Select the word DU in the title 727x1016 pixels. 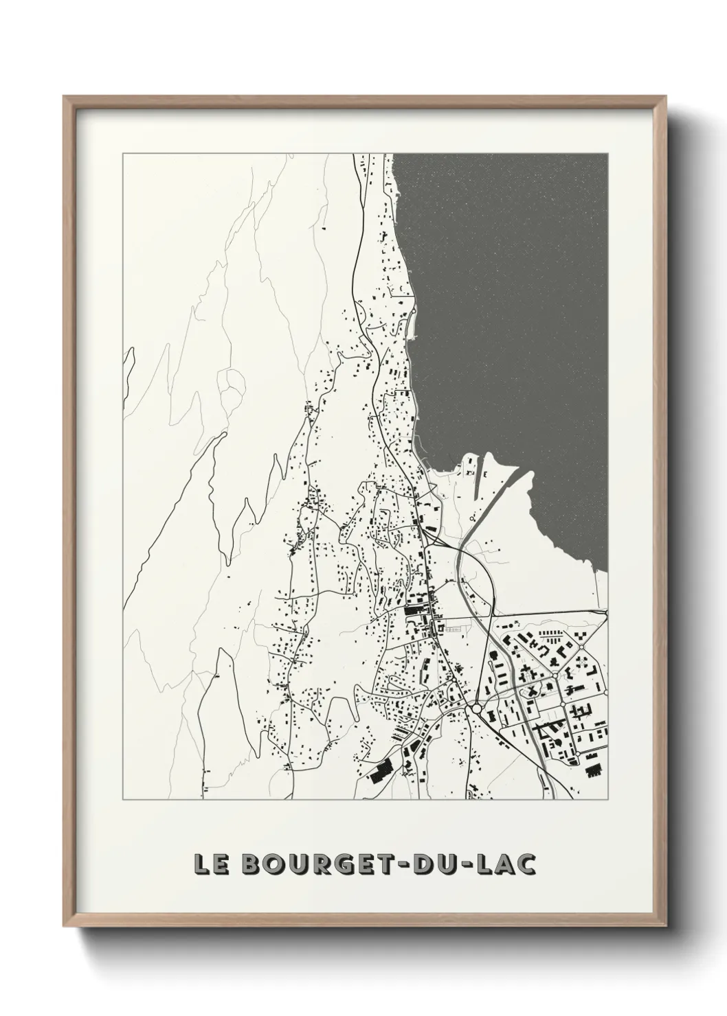coord(431,864)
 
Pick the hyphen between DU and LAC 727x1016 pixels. coord(465,865)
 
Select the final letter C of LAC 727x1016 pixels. coord(526,864)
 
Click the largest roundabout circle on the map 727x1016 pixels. coord(476,708)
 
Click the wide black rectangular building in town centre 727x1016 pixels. coord(414,609)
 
